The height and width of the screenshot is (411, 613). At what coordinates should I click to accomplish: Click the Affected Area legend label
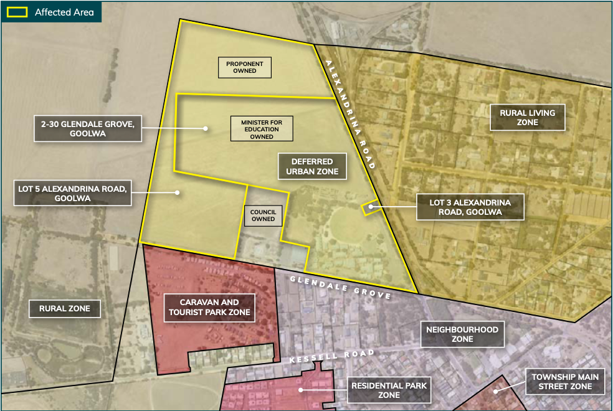click(64, 12)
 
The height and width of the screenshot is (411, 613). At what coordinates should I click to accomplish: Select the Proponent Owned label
click(245, 67)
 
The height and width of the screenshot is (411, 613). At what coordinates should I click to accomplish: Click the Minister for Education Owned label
click(262, 129)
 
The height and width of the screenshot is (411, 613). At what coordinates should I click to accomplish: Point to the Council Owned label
click(263, 215)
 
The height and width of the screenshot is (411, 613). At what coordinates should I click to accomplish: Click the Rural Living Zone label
click(527, 117)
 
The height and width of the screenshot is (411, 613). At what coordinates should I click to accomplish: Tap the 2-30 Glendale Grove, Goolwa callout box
click(87, 129)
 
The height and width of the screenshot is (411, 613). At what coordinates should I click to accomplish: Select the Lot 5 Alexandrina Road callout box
click(72, 193)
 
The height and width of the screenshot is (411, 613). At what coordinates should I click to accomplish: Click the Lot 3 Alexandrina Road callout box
click(470, 207)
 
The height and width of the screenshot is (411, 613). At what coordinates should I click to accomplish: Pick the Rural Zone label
click(65, 308)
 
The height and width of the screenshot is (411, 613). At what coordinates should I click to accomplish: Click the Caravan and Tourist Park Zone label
click(209, 308)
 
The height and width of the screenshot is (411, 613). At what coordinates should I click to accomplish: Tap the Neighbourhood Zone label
click(462, 334)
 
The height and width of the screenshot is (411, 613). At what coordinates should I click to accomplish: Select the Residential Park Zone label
click(389, 390)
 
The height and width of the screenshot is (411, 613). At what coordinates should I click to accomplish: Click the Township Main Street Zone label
click(565, 382)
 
